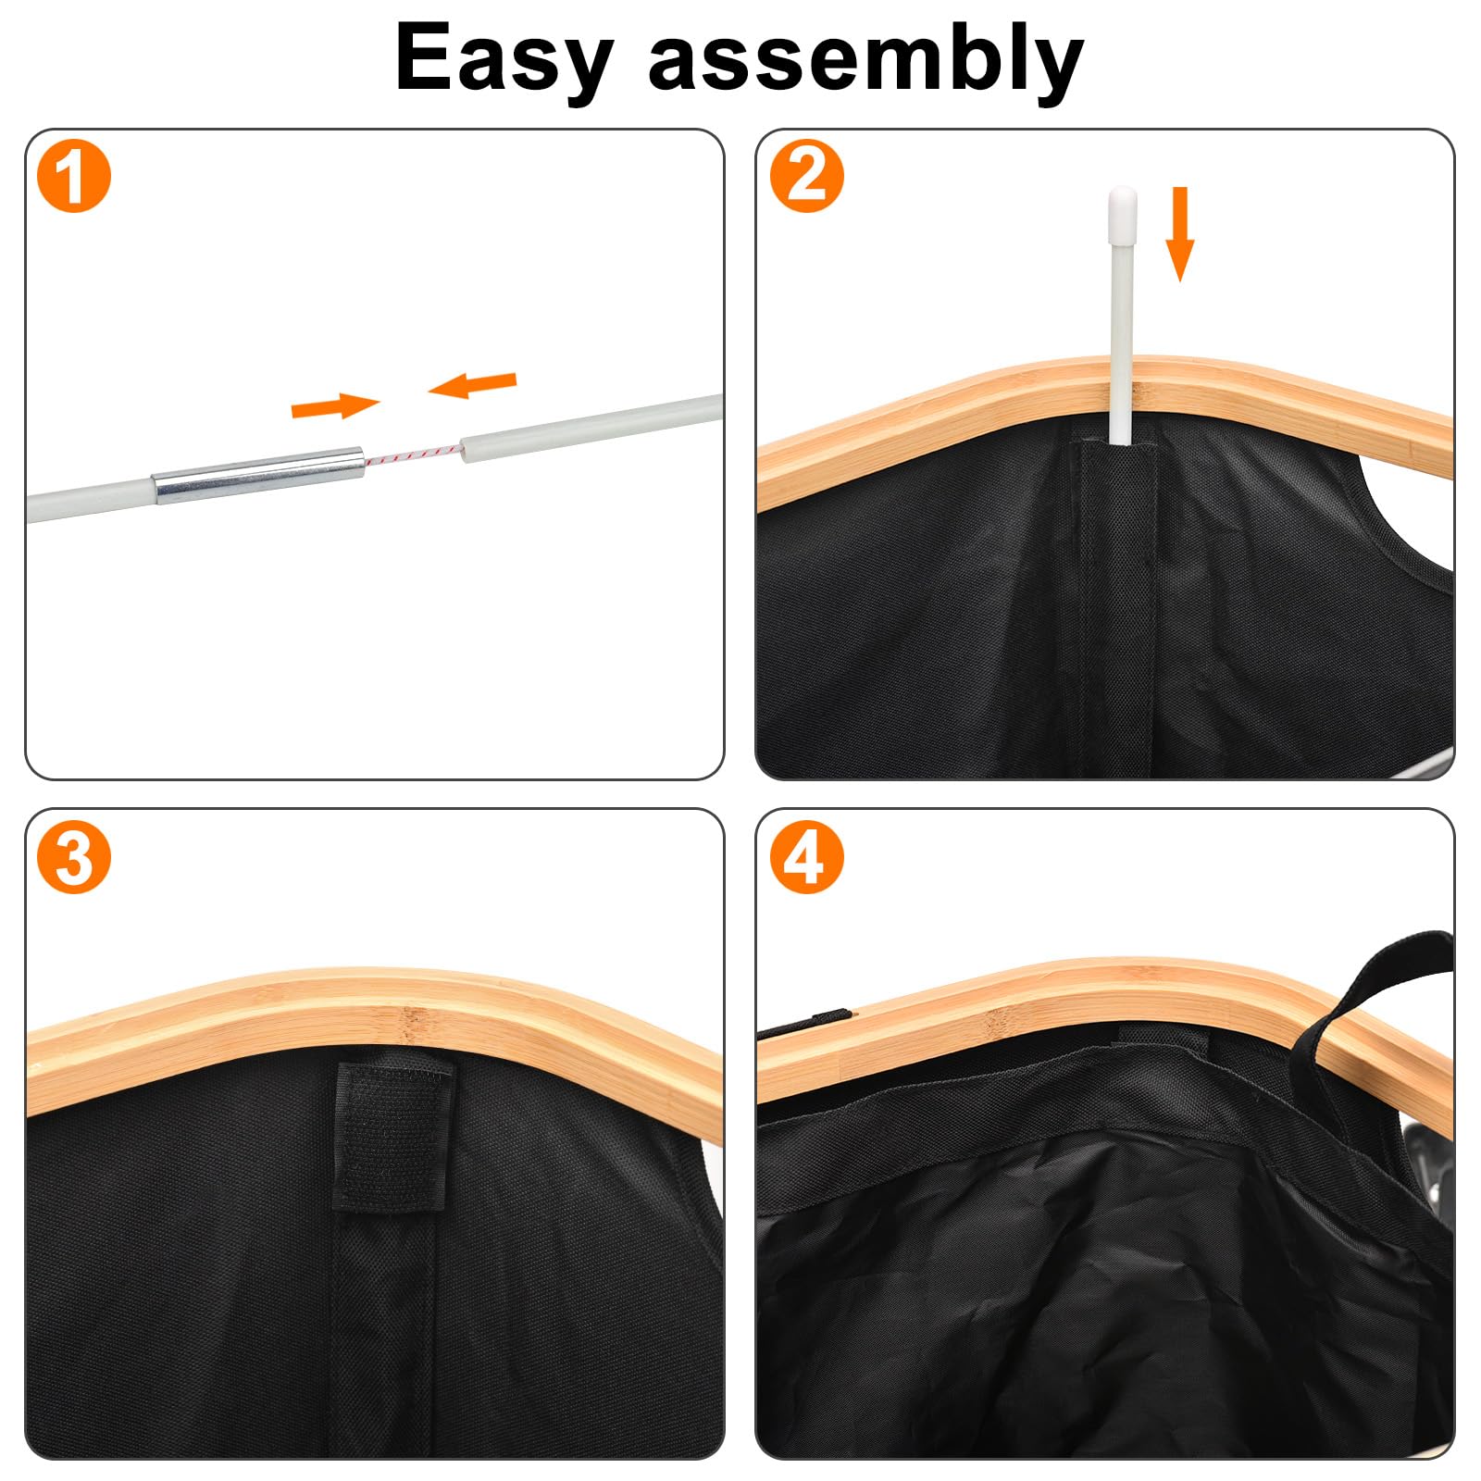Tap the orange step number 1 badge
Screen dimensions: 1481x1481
[x=74, y=176]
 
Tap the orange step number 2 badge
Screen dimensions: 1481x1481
[x=807, y=176]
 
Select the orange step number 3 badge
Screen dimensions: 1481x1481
[x=74, y=857]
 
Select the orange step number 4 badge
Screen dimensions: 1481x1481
[x=807, y=857]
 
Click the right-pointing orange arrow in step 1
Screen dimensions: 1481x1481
[x=335, y=405]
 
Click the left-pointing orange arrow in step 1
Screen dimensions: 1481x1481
[x=472, y=383]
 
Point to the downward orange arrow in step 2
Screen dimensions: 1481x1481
[x=1179, y=233]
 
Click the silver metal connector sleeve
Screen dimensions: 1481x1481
[x=259, y=475]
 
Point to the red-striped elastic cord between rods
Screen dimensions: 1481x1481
[x=413, y=454]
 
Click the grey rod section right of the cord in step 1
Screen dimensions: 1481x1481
[x=592, y=423]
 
